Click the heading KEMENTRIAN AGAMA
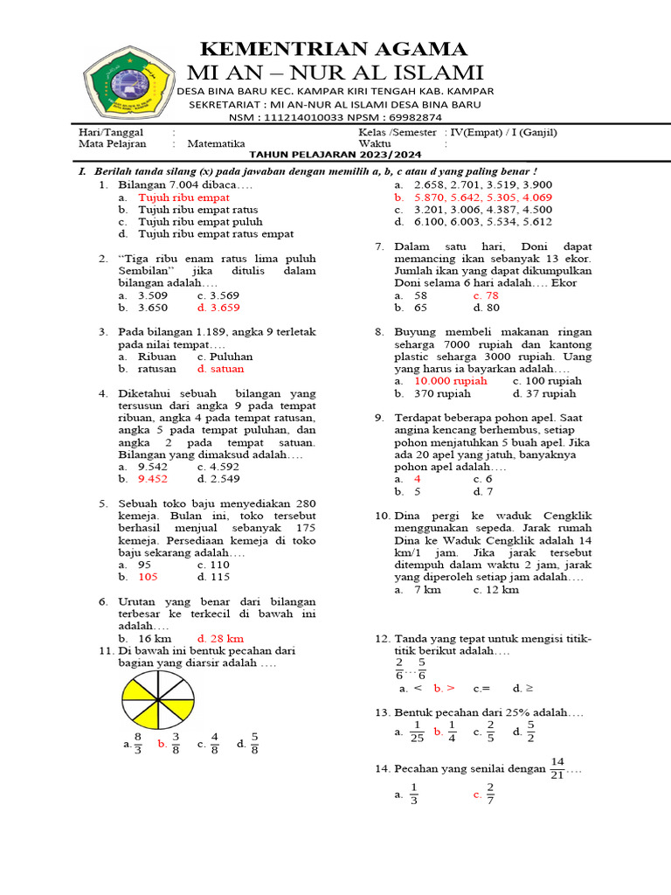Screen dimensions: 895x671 point(335,48)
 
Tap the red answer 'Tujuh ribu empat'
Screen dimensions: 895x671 point(183,198)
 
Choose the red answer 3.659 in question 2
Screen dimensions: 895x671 point(218,308)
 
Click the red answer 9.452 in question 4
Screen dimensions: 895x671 point(153,478)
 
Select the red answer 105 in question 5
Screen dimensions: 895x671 point(148,577)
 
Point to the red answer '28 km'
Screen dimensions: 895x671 point(220,638)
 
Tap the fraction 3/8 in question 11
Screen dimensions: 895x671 point(176,744)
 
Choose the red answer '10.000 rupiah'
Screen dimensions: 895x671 point(451,381)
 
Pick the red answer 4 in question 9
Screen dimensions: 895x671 point(418,479)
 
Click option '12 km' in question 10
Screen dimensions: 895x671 point(496,589)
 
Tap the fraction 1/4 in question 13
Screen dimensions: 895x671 point(452,732)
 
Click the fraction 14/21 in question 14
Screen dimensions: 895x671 point(557,768)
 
